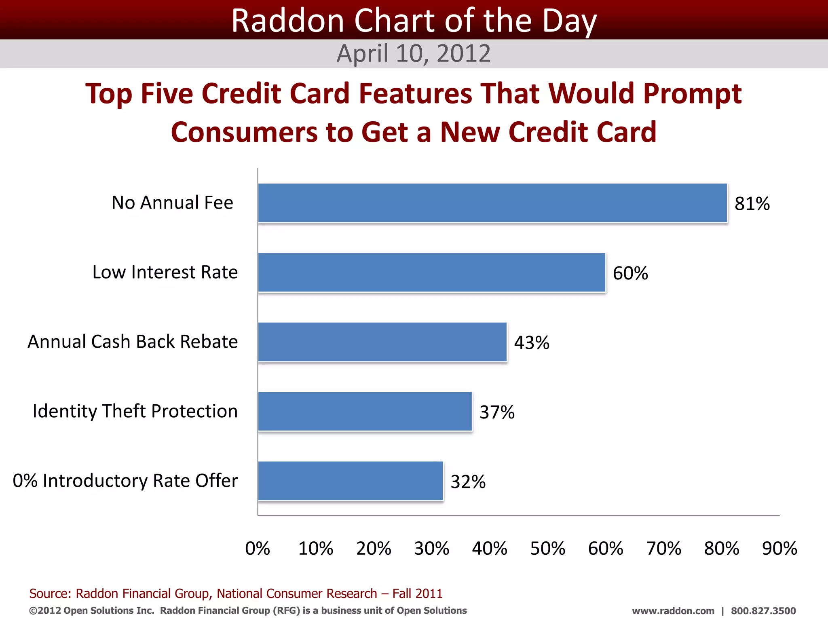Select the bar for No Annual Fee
pos(492,203)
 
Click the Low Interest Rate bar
pos(432,272)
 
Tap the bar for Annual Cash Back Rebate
pos(382,342)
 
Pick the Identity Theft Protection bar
pos(365,412)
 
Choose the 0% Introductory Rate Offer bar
pos(351,481)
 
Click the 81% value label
pos(752,204)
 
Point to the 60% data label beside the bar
pos(630,273)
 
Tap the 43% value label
pos(532,343)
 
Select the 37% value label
pos(497,412)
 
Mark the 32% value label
pos(468,482)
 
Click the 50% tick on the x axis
pos(547,549)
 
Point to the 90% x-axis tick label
pos(779,549)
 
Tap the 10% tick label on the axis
pos(316,549)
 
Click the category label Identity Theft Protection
pos(135,411)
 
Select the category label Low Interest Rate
pos(165,272)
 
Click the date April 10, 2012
pos(414,53)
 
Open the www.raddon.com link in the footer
pos(673,611)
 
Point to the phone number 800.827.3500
pos(763,611)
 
